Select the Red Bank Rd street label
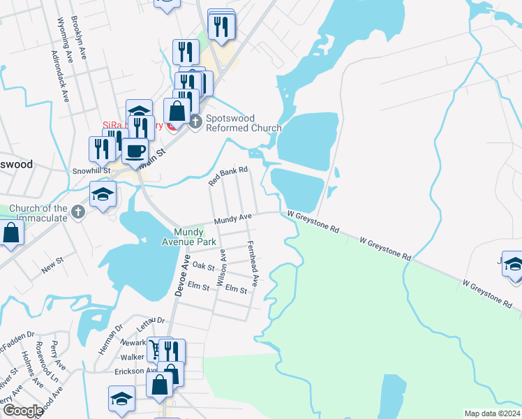coord(229,177)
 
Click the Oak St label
coord(203,266)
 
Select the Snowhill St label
coord(91,170)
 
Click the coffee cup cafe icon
coord(135,150)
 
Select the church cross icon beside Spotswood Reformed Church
coord(195,122)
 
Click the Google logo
coord(22,411)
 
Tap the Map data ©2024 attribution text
coord(492,413)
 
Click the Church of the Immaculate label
coord(39,213)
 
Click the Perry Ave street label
coord(60,367)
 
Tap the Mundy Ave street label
coord(232,219)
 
